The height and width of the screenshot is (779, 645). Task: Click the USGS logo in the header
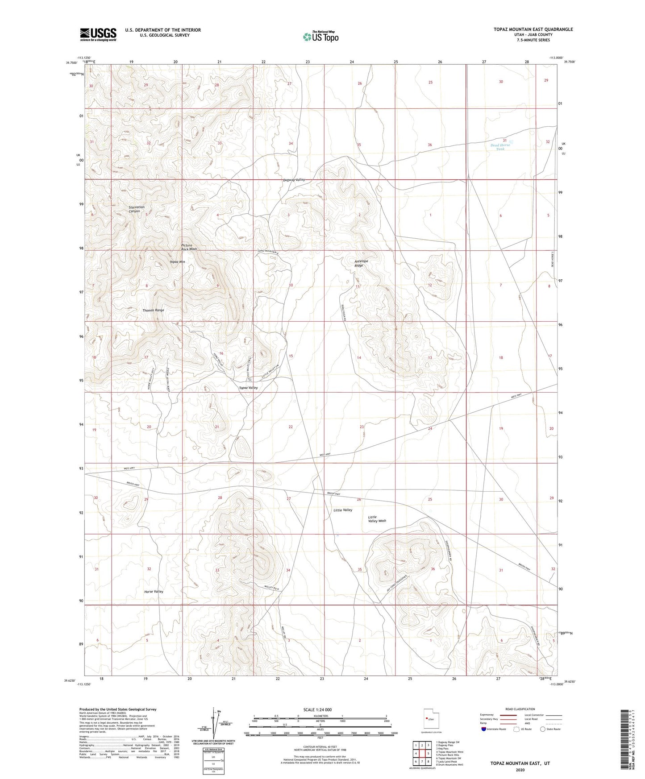click(x=98, y=34)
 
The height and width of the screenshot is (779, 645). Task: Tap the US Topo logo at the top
click(x=320, y=37)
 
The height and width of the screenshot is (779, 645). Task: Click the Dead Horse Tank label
click(x=500, y=147)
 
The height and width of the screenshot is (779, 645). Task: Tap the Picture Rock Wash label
click(x=189, y=247)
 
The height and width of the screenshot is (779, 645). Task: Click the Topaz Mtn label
click(x=177, y=261)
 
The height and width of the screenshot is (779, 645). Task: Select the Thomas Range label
click(x=153, y=310)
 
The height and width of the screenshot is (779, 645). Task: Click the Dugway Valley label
click(x=294, y=179)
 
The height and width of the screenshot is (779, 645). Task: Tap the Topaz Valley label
click(x=248, y=388)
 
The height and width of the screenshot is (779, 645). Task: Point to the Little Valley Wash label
click(x=377, y=519)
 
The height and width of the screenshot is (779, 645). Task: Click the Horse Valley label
click(x=154, y=591)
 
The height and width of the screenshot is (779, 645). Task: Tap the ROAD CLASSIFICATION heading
click(x=520, y=709)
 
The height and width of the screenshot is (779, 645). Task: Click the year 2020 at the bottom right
click(x=520, y=770)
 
